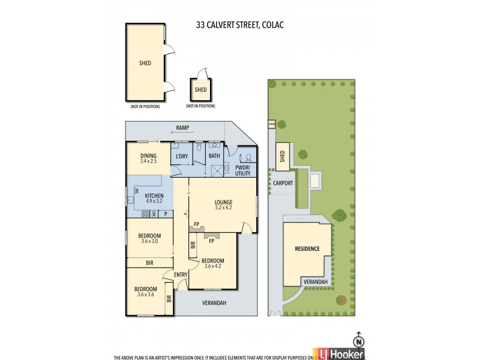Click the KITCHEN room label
coord(155,196)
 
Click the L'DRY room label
coord(182,157)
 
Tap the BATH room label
coord(214,157)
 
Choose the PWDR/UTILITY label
coord(242,170)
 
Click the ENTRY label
coord(181,275)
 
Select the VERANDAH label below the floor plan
coord(214,303)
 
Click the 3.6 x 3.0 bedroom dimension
coord(149,241)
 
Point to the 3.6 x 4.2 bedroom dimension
coord(212,266)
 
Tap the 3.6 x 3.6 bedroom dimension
coord(146,295)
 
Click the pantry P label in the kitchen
coord(166,214)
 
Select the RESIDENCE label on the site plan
coord(307,248)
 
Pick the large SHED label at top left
coord(145,62)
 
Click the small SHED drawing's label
coord(200,90)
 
